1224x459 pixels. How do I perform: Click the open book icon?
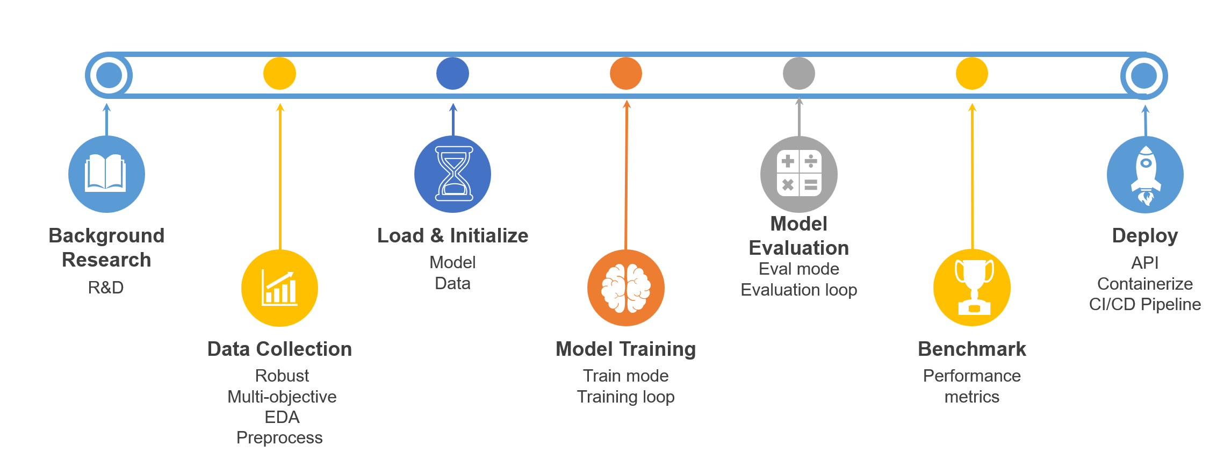click(x=106, y=174)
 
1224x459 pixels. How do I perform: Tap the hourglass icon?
click(x=453, y=174)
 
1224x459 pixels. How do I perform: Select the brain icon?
click(x=625, y=288)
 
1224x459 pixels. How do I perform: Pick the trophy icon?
click(x=972, y=288)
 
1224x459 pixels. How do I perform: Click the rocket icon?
click(x=1145, y=174)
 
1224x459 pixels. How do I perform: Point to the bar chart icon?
click(x=279, y=288)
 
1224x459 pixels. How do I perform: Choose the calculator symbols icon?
click(x=799, y=174)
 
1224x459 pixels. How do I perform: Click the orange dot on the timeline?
click(x=626, y=74)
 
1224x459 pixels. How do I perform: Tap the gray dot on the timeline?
click(x=799, y=74)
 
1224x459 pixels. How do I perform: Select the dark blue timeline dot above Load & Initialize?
click(x=453, y=74)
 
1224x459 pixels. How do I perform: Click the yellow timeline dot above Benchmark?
click(x=972, y=74)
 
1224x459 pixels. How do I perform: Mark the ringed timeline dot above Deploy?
click(x=1144, y=76)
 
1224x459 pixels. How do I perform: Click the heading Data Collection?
click(x=279, y=349)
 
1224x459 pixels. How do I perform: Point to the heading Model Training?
click(x=625, y=349)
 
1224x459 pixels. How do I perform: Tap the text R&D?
click(x=106, y=288)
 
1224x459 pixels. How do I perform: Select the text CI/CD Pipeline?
click(x=1145, y=304)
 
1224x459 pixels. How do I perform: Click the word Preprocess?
click(x=279, y=438)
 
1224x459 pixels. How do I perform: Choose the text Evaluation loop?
click(x=799, y=290)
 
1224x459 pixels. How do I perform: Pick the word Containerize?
click(x=1145, y=284)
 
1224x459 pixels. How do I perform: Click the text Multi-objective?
click(x=282, y=397)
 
